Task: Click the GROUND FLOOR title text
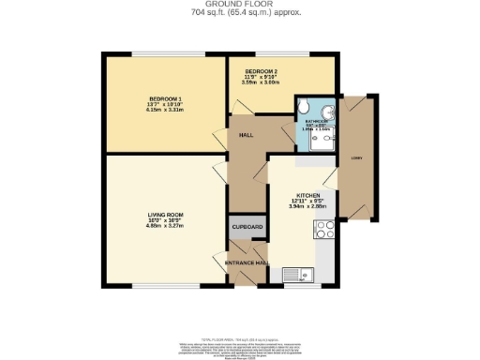click(239, 5)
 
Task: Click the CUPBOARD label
click(247, 228)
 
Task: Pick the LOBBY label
click(357, 157)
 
